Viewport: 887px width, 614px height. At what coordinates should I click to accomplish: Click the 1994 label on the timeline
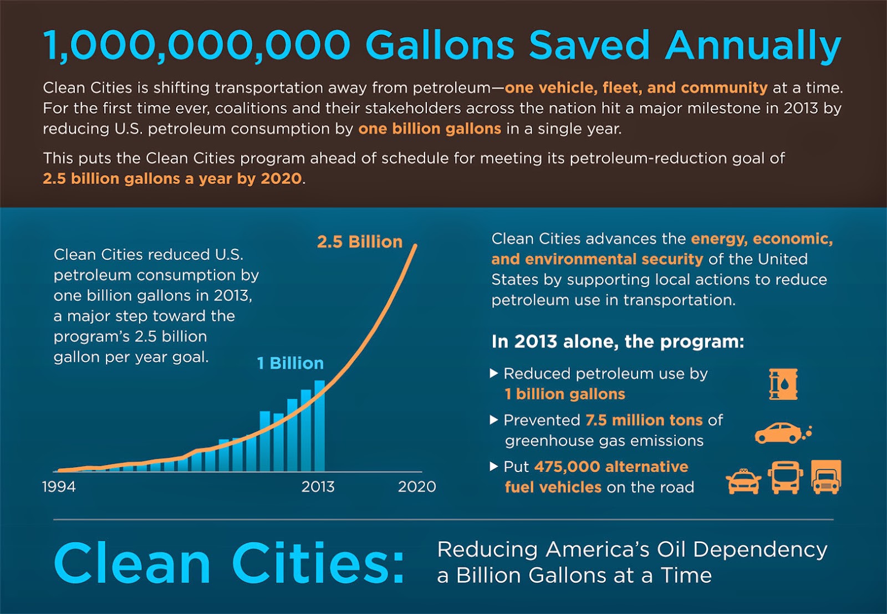click(x=59, y=487)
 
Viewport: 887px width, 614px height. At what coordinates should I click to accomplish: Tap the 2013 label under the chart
click(x=318, y=487)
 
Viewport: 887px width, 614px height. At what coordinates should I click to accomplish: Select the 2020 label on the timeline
click(x=417, y=487)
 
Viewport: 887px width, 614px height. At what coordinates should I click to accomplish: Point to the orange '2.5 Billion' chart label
click(x=359, y=242)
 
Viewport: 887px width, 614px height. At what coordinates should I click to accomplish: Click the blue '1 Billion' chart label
click(x=290, y=363)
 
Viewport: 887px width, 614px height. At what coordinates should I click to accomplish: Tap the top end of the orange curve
click(x=415, y=245)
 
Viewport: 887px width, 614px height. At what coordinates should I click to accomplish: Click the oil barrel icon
click(x=783, y=384)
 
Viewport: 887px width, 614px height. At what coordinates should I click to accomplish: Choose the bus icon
click(x=786, y=477)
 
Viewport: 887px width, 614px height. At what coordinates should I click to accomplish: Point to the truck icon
click(x=826, y=477)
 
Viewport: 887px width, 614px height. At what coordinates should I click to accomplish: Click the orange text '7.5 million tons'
click(x=644, y=420)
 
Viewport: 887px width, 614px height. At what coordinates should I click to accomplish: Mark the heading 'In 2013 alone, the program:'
click(x=618, y=341)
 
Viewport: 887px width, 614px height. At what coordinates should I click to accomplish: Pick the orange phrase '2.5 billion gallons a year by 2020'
click(x=172, y=178)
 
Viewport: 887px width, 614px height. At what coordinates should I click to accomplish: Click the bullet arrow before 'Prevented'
click(x=494, y=420)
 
